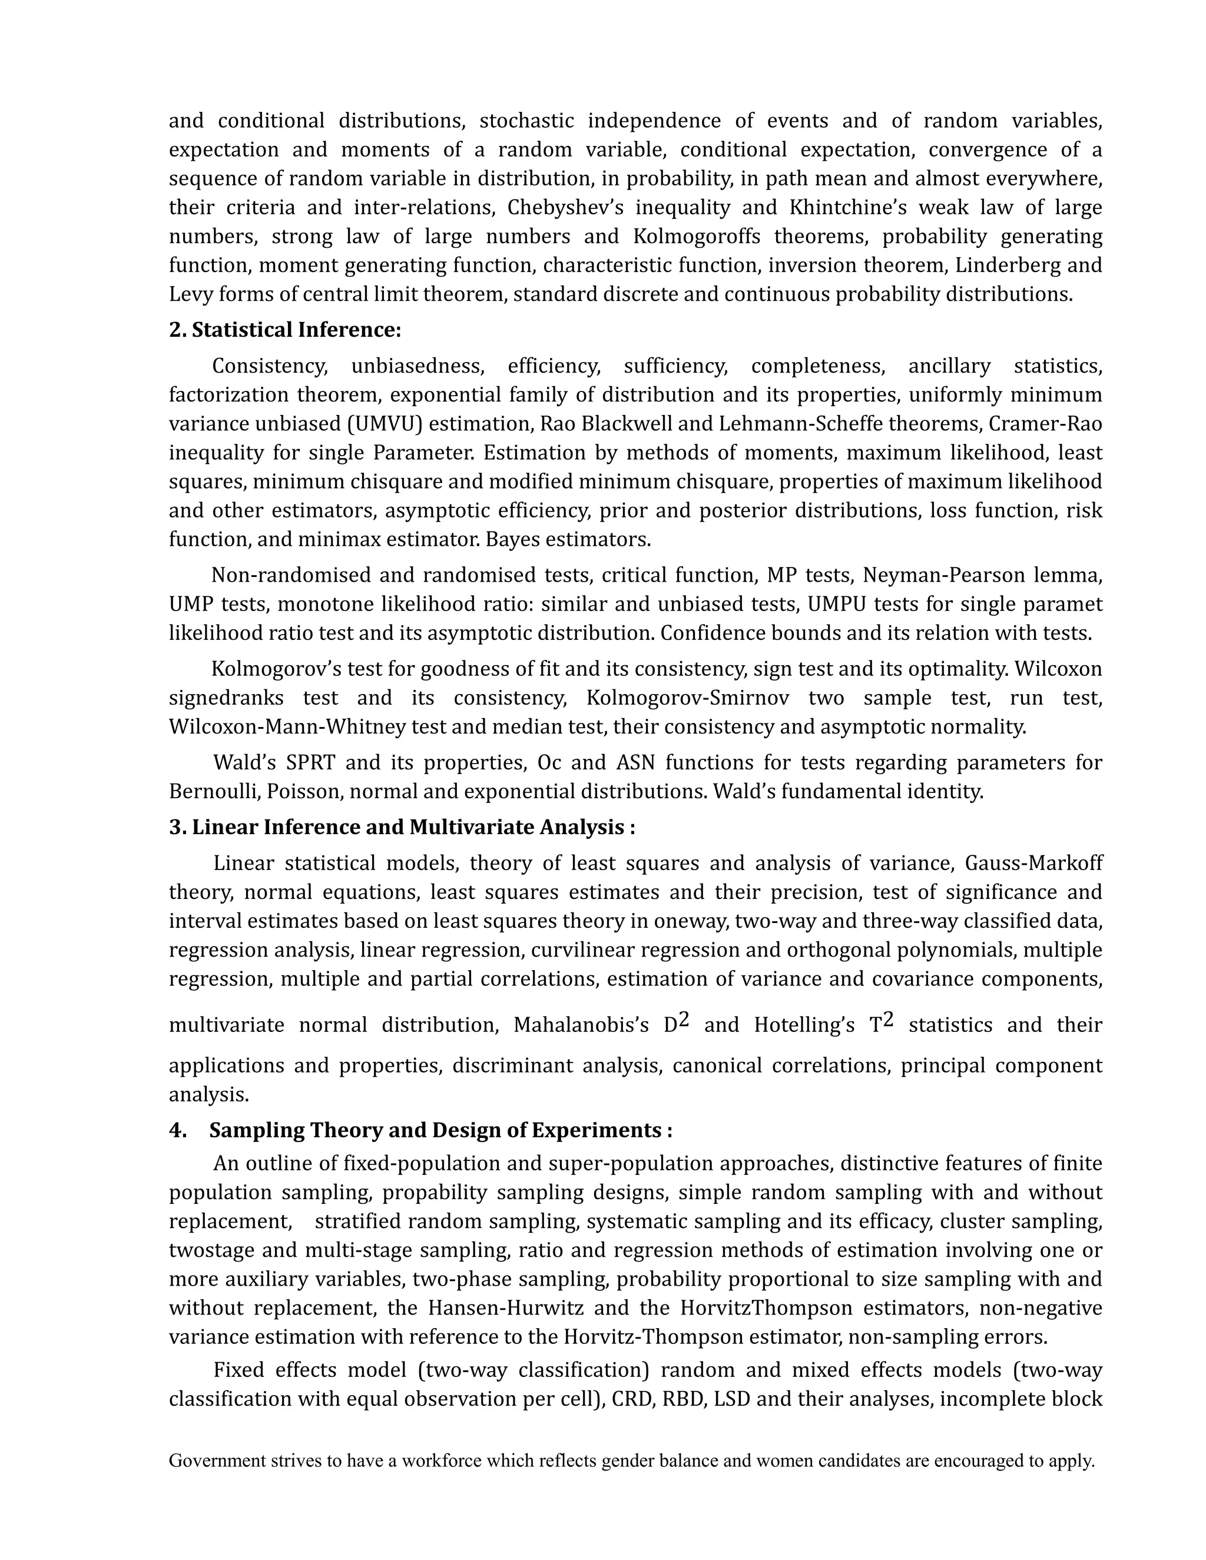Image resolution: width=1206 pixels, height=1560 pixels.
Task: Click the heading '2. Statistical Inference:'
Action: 285,330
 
